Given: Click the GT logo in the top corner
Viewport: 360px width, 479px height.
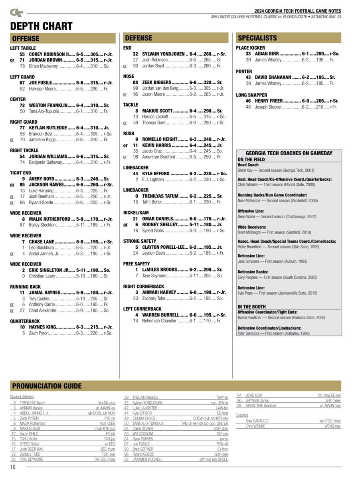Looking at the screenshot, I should pos(16,13).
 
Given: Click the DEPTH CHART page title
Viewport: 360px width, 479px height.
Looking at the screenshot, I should pos(41,26).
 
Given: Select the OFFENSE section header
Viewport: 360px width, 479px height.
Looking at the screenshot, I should pos(26,38).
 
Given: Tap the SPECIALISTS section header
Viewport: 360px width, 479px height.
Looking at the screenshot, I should pos(257,38).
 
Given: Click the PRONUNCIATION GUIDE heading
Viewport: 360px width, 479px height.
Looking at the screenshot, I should pos(47,386).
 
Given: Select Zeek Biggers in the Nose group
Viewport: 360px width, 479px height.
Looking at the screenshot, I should pos(157,82).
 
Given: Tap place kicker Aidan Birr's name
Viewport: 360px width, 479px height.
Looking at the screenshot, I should pos(267,54).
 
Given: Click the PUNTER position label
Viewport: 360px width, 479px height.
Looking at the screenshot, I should pos(244,71).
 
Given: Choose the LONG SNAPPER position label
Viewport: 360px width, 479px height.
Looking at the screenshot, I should pos(251,95).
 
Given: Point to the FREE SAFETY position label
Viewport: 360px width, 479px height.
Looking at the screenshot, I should pos(136,264).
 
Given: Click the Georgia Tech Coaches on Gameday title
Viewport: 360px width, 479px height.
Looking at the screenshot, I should pos(289,153).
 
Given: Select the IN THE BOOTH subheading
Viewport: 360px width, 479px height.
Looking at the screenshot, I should pos(251,307).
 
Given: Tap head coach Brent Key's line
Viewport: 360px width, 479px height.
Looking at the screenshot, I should pos(276,170).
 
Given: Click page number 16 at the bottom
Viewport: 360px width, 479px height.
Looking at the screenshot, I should pos(13,467).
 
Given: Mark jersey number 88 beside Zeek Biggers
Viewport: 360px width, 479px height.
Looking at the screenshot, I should pos(135,82).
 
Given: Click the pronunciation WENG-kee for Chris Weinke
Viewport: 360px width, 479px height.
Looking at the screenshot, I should pos(333,426).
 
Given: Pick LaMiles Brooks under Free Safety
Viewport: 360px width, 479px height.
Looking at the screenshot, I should pos(160,270).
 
